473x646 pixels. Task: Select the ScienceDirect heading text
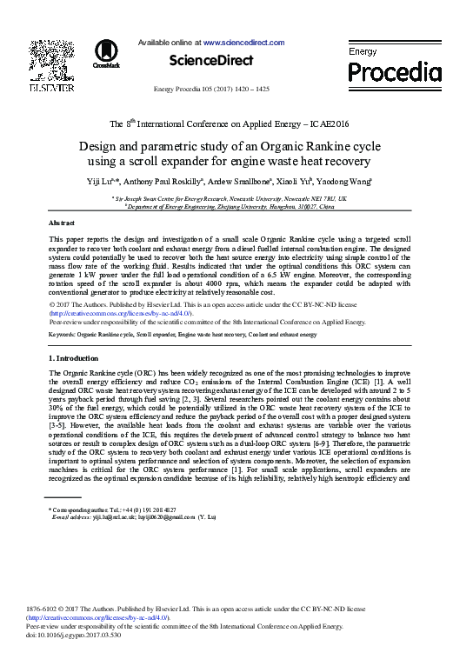pos(210,60)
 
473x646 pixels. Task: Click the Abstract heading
pos(61,223)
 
